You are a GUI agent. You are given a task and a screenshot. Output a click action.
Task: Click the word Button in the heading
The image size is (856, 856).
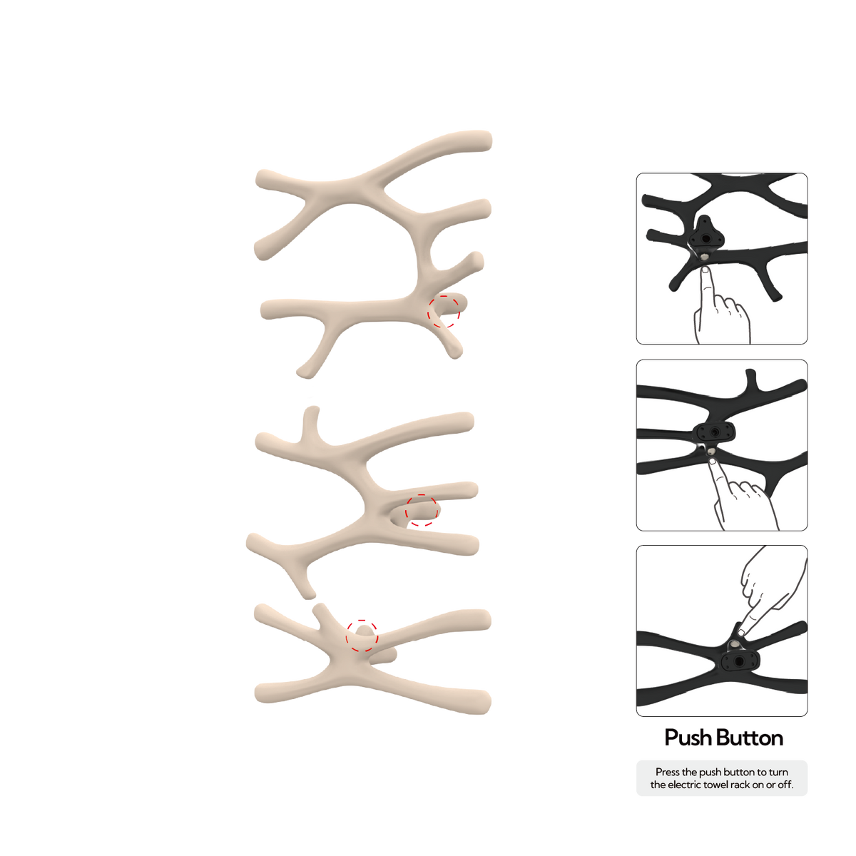point(750,738)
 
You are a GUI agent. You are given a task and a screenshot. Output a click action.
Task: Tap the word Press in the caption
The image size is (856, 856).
point(668,773)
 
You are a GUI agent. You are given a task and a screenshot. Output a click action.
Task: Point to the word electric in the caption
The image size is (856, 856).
point(684,785)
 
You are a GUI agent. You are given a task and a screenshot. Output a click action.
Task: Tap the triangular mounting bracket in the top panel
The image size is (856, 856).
point(706,234)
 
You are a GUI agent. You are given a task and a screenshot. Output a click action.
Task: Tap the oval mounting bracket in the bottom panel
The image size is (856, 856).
point(739,661)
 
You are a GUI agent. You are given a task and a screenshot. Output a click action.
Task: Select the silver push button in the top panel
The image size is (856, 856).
point(705,256)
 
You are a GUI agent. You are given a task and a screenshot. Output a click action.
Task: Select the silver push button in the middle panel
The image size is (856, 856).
point(711,452)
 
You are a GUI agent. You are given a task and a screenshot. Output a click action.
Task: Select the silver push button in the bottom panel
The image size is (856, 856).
point(734,644)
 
